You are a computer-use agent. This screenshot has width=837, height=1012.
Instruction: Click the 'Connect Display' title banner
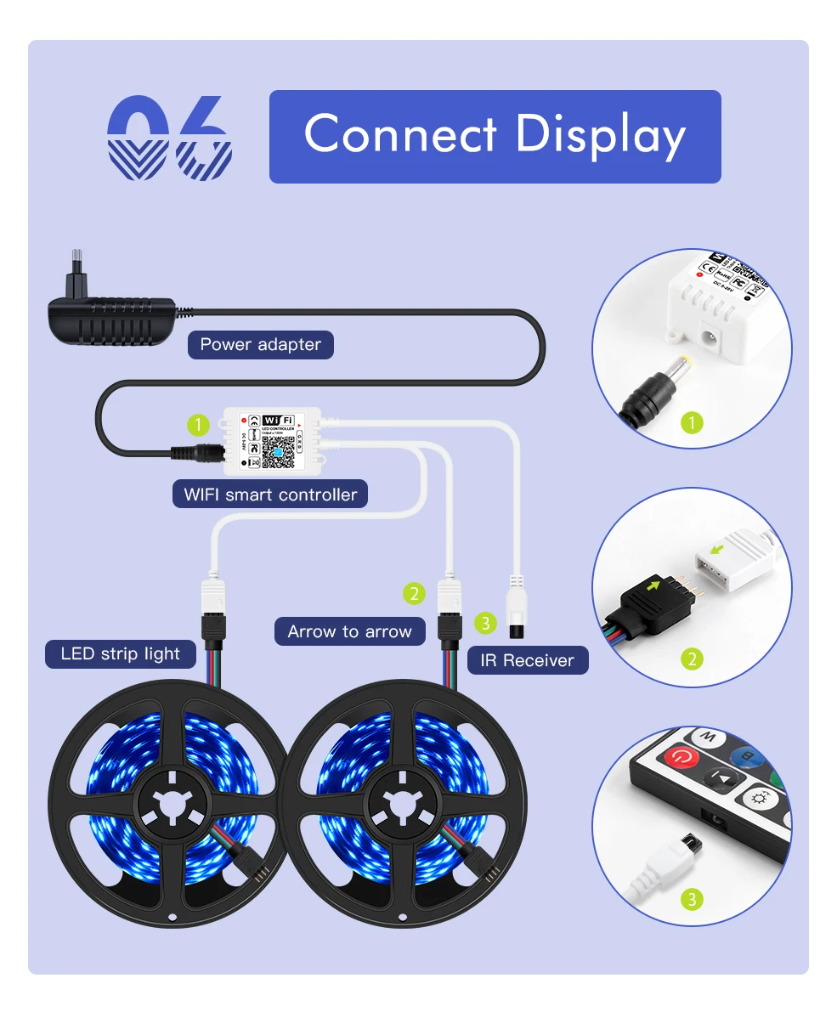tap(495, 136)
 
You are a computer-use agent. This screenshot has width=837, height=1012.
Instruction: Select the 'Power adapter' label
tap(260, 344)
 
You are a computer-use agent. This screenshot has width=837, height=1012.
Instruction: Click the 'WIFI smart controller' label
tap(270, 494)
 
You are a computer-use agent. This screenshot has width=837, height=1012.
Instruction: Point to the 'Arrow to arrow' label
tap(349, 631)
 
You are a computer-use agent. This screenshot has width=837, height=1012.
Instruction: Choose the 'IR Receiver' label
tap(527, 660)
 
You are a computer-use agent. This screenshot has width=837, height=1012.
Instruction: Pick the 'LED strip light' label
tap(121, 653)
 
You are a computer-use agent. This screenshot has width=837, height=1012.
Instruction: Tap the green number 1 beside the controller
tap(198, 423)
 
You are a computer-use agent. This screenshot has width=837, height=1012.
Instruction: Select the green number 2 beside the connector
tap(414, 593)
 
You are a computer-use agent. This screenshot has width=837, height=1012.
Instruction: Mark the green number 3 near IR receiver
tap(484, 623)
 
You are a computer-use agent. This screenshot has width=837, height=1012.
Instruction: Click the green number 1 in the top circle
tap(693, 422)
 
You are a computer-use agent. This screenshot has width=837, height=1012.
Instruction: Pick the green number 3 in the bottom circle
tap(693, 899)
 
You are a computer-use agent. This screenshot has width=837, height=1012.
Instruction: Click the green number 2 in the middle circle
tap(693, 659)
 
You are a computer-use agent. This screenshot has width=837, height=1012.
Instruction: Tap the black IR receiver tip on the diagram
tap(516, 630)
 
